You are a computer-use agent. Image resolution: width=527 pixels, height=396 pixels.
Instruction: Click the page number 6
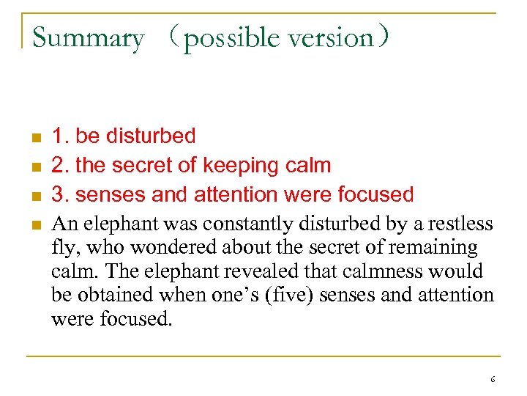point(493,379)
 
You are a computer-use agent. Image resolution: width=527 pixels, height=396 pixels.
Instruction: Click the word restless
point(459,223)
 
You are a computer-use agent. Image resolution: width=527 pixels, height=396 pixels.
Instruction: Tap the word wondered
point(171,247)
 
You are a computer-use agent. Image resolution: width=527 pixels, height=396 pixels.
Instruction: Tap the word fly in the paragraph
point(62,248)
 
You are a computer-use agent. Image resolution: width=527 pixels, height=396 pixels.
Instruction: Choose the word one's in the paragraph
point(246,296)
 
